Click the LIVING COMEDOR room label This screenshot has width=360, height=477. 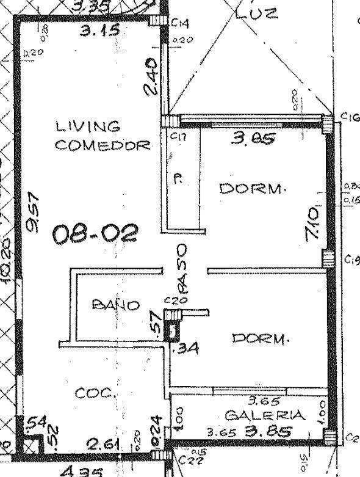click(x=103, y=136)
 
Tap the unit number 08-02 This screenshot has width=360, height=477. click(x=95, y=233)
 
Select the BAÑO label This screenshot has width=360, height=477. click(x=115, y=305)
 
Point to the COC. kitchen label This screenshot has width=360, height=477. click(x=95, y=393)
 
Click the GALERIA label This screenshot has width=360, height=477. click(x=265, y=415)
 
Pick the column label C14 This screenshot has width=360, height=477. click(x=180, y=23)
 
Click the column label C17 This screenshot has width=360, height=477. click(x=178, y=137)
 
